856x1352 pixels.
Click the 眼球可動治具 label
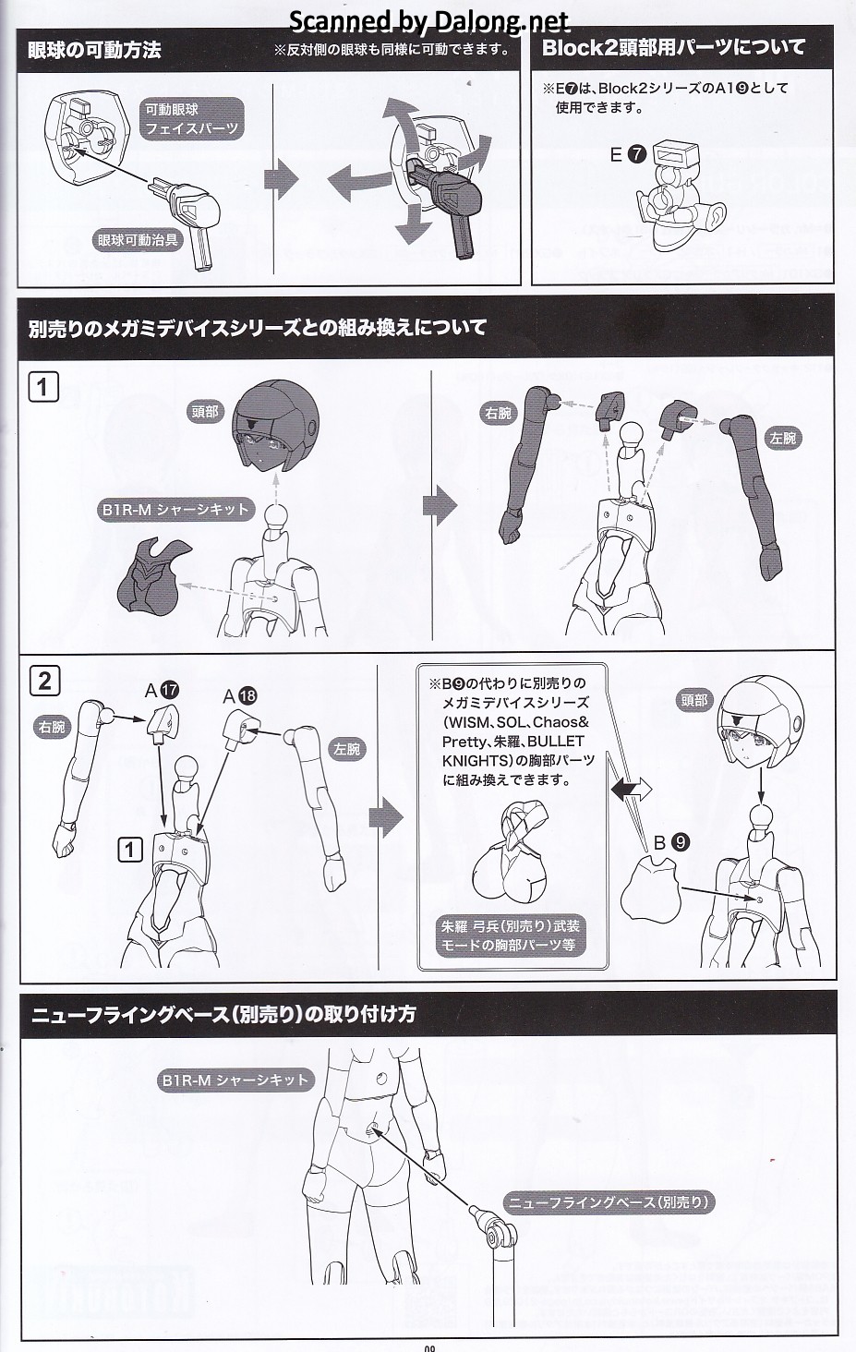(x=139, y=240)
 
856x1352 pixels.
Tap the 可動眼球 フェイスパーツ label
(x=191, y=119)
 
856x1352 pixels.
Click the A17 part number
(x=162, y=690)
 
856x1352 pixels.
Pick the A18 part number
(x=240, y=696)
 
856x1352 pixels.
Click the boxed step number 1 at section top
(x=43, y=386)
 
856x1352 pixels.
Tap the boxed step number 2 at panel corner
(x=44, y=681)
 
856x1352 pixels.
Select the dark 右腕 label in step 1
(x=498, y=413)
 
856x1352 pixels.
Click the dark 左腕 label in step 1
(x=782, y=438)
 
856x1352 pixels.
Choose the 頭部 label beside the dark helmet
(x=205, y=412)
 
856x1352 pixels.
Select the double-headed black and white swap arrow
(x=632, y=789)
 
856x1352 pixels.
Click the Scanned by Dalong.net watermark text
(x=429, y=22)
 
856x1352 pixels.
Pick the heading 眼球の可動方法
(x=94, y=50)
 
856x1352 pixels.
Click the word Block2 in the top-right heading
(x=582, y=48)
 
